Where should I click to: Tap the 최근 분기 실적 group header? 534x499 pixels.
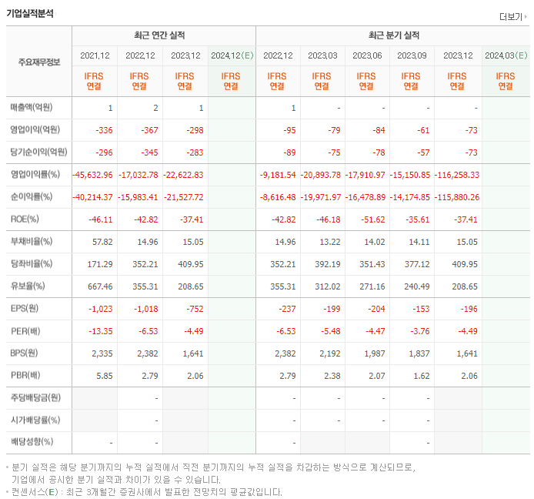tap(394, 35)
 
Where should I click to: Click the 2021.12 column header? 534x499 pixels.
tap(95, 55)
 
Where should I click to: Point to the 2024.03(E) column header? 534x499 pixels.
tap(506, 55)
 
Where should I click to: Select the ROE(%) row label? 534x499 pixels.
tap(25, 219)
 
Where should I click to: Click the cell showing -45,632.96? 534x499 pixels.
tap(93, 175)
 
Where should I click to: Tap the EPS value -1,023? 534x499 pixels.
tap(101, 309)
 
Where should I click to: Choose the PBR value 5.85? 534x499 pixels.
tap(105, 376)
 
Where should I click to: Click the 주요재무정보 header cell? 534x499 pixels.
tap(38, 62)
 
